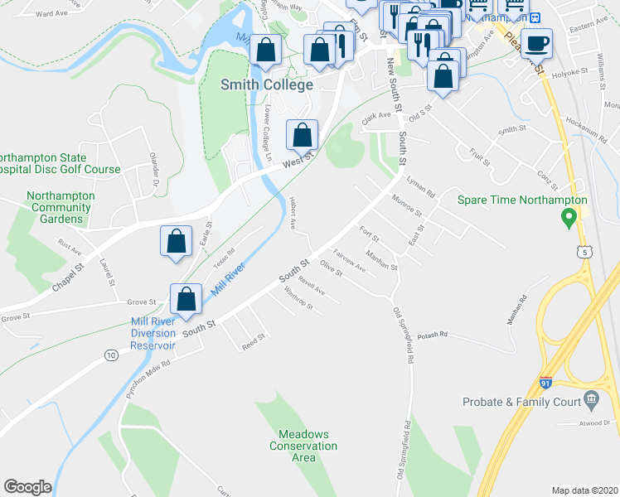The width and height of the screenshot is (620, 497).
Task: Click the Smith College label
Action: (267, 84)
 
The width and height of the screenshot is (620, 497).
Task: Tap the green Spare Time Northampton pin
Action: (569, 219)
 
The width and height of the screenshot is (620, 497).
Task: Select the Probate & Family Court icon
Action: (590, 400)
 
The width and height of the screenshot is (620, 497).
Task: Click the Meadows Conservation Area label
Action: (303, 446)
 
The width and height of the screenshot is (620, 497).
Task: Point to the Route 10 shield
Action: (111, 355)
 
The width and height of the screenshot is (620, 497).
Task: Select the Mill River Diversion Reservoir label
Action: (153, 334)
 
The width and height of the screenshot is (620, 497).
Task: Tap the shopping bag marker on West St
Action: (303, 133)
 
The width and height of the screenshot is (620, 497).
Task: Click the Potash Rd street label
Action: (432, 335)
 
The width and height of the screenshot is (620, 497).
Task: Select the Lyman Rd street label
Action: (420, 186)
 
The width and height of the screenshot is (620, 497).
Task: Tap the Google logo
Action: (28, 487)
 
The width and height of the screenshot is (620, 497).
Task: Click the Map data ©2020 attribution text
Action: (584, 490)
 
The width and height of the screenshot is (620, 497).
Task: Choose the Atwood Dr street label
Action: (593, 422)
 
